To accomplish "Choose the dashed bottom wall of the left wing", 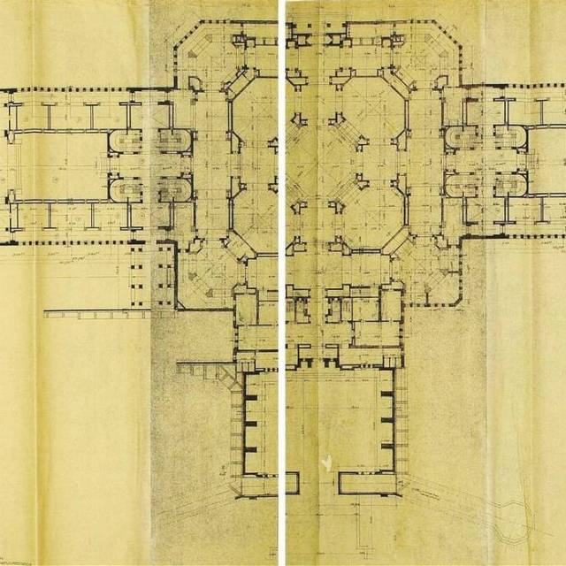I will point(80,241).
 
